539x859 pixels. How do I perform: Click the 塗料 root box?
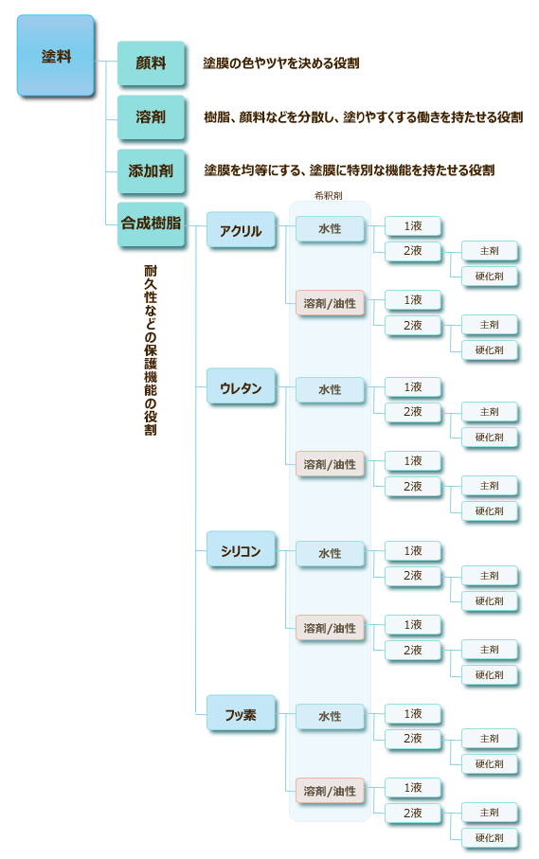click(x=55, y=56)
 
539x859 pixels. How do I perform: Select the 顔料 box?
click(x=151, y=63)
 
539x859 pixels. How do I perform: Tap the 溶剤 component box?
click(x=151, y=116)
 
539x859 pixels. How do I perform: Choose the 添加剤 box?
click(x=151, y=170)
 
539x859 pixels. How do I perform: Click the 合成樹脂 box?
click(x=151, y=224)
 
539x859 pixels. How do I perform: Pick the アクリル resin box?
click(x=241, y=230)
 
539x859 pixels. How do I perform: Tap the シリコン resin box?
click(x=241, y=549)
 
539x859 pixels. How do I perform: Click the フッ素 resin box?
click(x=241, y=713)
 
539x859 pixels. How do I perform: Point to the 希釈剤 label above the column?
click(x=328, y=196)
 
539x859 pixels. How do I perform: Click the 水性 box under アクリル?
click(x=330, y=229)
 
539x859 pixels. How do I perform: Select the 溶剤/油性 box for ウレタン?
click(x=330, y=464)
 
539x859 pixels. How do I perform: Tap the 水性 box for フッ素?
click(x=330, y=717)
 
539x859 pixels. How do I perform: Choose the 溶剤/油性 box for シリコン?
click(x=330, y=628)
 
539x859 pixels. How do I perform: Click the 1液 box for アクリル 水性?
click(x=412, y=225)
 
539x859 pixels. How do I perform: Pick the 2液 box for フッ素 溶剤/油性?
click(x=412, y=813)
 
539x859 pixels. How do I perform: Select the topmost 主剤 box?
click(x=489, y=251)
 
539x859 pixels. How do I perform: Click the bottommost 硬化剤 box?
click(x=489, y=837)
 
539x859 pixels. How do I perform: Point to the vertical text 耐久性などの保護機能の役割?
click(x=151, y=350)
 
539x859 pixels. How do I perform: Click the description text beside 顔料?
click(x=281, y=63)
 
